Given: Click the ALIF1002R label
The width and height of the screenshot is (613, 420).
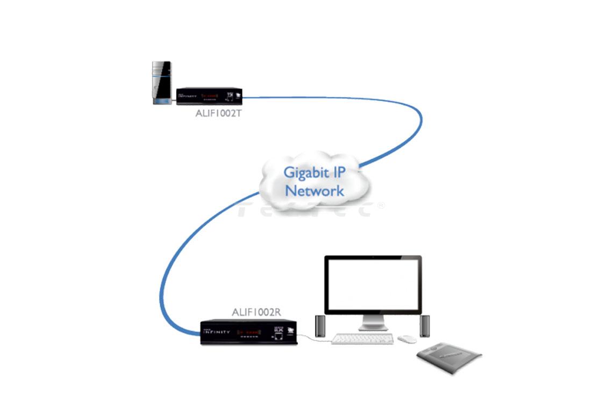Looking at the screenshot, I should point(256,312).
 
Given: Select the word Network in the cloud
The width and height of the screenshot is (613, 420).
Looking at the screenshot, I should point(315,191).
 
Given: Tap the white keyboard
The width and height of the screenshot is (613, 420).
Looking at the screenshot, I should point(363,339).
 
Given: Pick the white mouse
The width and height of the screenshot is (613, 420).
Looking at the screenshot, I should point(407,339).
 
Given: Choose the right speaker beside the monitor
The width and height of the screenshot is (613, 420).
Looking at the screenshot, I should point(425,326).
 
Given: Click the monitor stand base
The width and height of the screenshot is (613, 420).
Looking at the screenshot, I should point(373,327).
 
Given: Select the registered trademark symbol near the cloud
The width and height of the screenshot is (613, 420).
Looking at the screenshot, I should point(381,205).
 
